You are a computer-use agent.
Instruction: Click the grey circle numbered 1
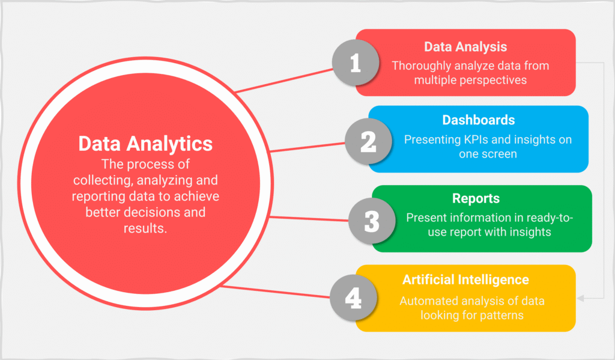pos(356,63)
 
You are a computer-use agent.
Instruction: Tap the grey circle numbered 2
pos(368,141)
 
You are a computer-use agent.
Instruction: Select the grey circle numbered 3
pos(372,221)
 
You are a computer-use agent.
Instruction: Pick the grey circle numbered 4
pos(353,297)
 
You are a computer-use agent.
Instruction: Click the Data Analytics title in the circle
pos(145,144)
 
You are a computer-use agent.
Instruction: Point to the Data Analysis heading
pos(465,47)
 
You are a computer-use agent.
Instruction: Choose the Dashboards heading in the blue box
pos(479,120)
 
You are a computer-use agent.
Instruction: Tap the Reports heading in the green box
pos(476,198)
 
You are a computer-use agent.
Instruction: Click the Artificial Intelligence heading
pos(465,279)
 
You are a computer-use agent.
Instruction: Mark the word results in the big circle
pos(145,228)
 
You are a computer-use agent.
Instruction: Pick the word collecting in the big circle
pos(103,180)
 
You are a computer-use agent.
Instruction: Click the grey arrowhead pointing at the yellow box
pos(581,298)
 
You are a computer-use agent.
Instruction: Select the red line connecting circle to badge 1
pos(284,81)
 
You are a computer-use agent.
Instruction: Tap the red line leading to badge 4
pos(275,291)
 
